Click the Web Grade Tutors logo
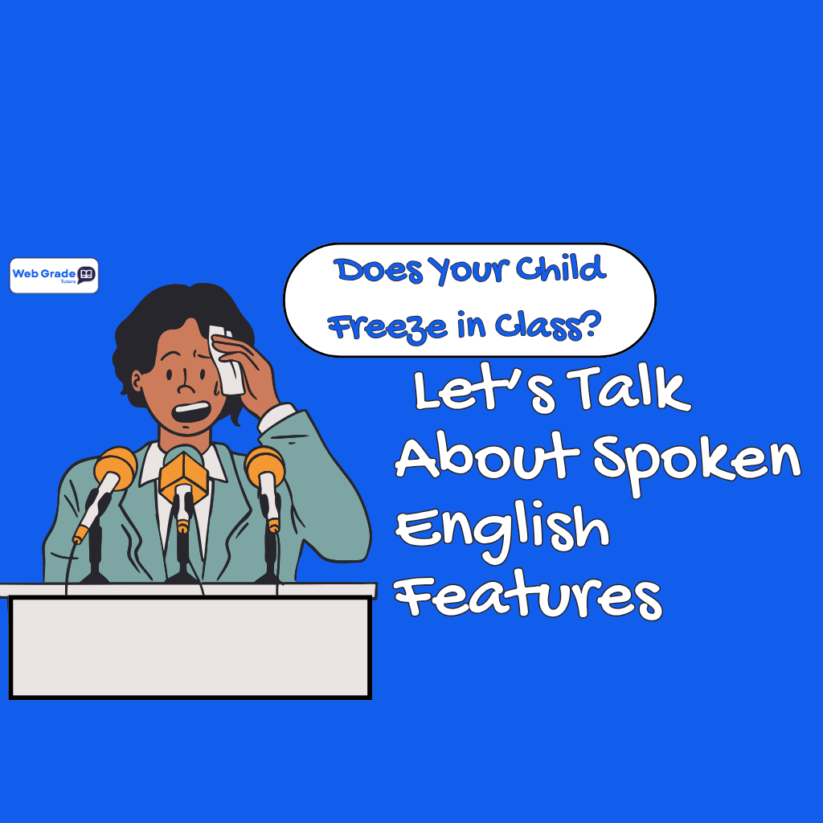tap(54, 276)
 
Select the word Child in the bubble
tap(562, 270)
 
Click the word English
tap(502, 530)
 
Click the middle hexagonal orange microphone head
tap(183, 474)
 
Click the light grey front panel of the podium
tap(190, 648)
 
